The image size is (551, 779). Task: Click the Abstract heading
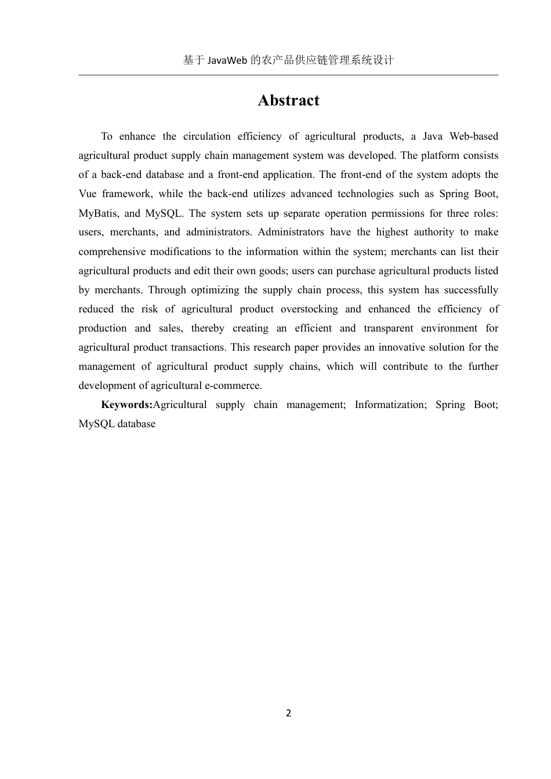click(x=288, y=100)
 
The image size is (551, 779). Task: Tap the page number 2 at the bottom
click(x=288, y=713)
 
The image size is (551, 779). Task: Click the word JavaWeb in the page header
click(x=227, y=60)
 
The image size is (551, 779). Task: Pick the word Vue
click(x=88, y=194)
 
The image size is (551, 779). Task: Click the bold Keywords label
click(x=126, y=405)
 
